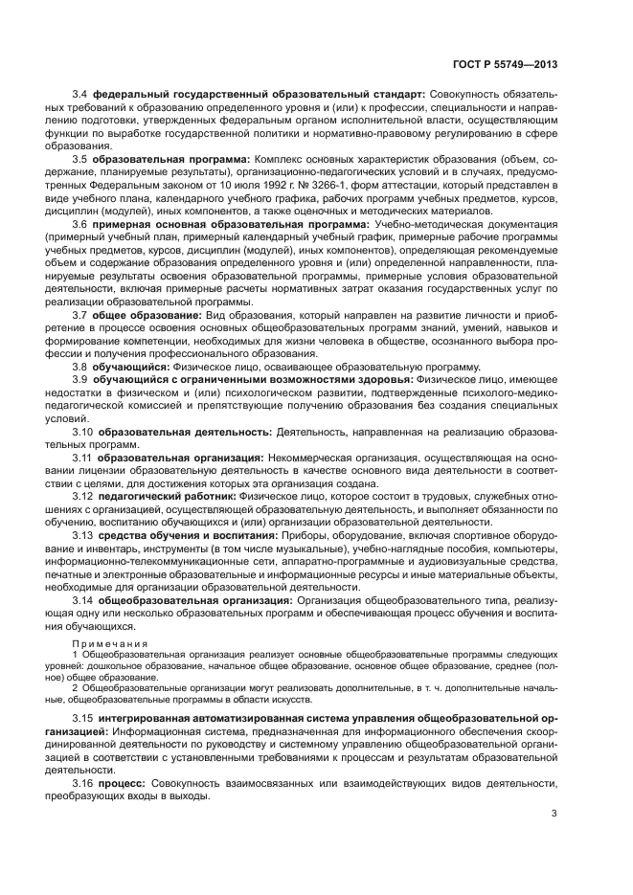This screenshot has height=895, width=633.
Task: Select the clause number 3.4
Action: pos(81,96)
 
